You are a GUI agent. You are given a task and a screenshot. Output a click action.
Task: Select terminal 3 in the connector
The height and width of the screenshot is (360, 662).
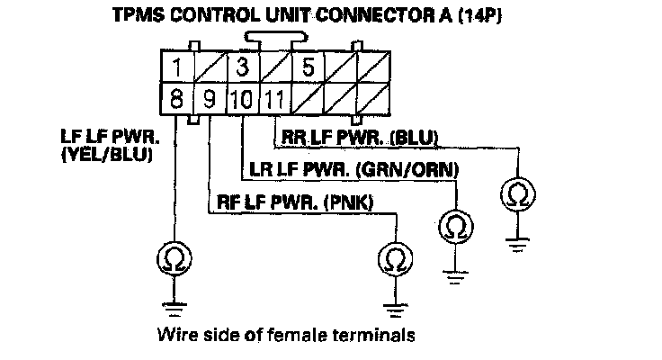tap(241, 67)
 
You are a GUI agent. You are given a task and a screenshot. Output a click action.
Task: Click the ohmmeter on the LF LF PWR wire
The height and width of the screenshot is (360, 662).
tap(170, 259)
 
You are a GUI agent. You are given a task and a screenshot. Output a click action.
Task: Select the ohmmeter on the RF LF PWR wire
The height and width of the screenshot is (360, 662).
tap(393, 259)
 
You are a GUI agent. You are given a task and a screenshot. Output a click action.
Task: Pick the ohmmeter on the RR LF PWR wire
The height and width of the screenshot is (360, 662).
tap(519, 193)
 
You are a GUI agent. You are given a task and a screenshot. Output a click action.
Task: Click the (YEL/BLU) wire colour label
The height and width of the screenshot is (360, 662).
tap(106, 155)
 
